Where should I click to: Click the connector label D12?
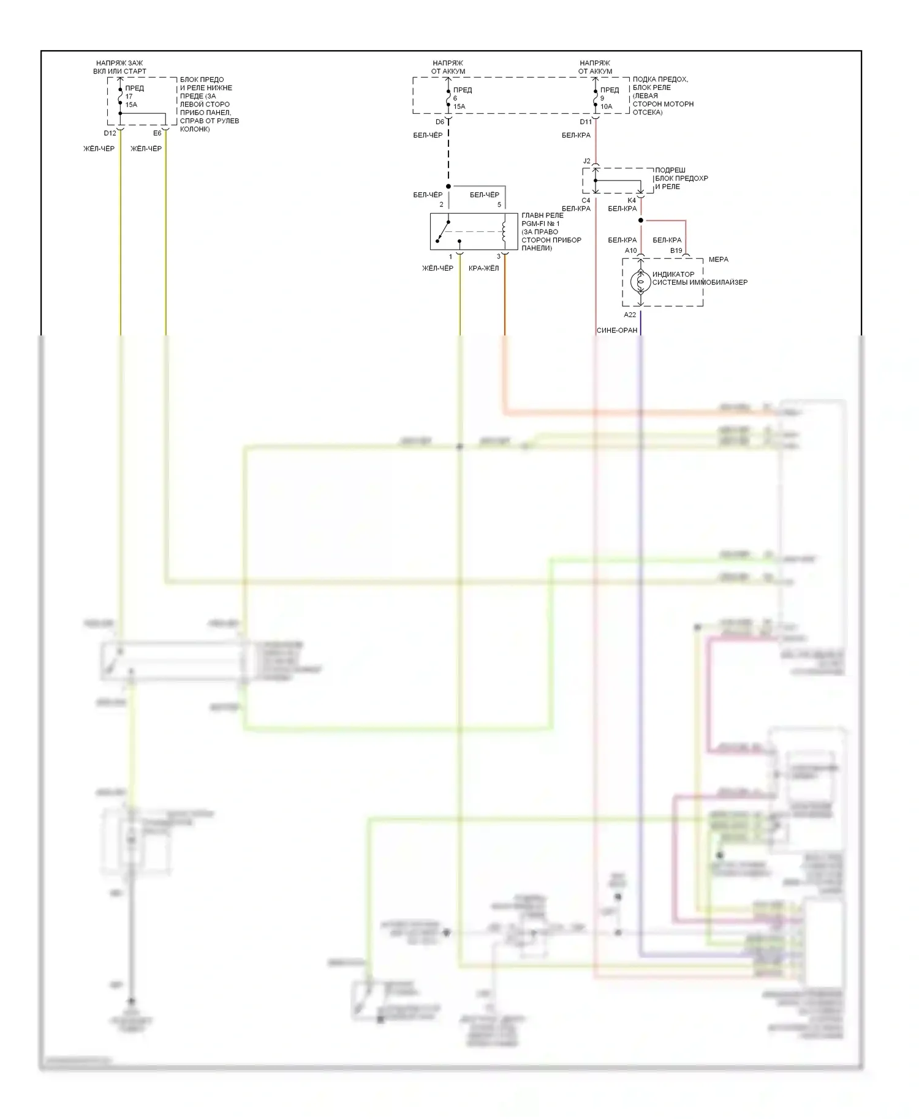pyautogui.click(x=110, y=133)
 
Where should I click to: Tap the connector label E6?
pyautogui.click(x=157, y=133)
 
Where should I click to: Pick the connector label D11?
pyautogui.click(x=586, y=122)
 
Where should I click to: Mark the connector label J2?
pyautogui.click(x=586, y=161)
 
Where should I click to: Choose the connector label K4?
pyautogui.click(x=632, y=200)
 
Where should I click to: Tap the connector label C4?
pyautogui.click(x=586, y=200)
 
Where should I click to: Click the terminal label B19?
pyautogui.click(x=676, y=250)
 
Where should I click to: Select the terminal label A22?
pyautogui.click(x=630, y=315)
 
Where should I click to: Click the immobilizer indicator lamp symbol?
pyautogui.click(x=640, y=282)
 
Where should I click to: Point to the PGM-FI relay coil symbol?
pyautogui.click(x=504, y=231)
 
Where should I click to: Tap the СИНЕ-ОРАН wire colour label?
pyautogui.click(x=617, y=331)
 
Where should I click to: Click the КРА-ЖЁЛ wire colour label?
pyautogui.click(x=483, y=268)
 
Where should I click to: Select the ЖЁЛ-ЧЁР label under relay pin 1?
pyautogui.click(x=437, y=268)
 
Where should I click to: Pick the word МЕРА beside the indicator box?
pyautogui.click(x=718, y=260)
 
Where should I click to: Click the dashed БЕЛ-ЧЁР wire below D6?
pyautogui.click(x=448, y=156)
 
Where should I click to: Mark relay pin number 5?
pyautogui.click(x=499, y=204)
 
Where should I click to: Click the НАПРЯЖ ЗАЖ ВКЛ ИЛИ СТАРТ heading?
pyautogui.click(x=120, y=67)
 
